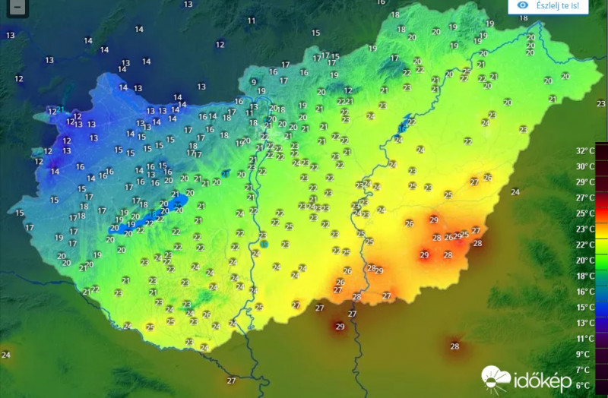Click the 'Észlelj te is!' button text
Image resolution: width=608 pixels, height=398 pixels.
(563, 6)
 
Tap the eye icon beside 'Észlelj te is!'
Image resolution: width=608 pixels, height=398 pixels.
(523, 5)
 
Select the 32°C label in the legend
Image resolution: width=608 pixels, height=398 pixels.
(584, 150)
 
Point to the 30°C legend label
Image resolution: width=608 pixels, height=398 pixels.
(584, 166)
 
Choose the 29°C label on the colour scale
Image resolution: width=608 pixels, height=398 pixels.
(584, 182)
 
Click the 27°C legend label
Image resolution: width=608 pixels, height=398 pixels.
(584, 197)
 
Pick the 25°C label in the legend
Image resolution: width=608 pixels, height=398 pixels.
(584, 213)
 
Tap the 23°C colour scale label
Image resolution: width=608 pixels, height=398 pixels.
(584, 229)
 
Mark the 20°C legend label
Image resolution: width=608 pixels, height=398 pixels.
(584, 260)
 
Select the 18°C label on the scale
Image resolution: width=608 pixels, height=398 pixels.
(584, 276)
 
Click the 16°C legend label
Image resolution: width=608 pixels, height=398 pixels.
(584, 292)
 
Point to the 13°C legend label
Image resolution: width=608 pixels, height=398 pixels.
(584, 323)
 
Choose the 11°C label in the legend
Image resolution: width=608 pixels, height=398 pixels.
(584, 339)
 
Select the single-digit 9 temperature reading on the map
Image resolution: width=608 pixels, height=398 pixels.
(254, 82)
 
